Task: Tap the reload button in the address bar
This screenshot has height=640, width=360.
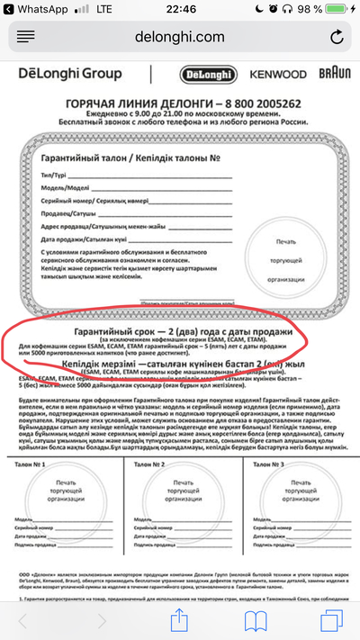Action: (x=337, y=37)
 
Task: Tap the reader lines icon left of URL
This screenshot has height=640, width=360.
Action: (x=25, y=37)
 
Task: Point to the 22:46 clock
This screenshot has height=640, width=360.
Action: (x=180, y=8)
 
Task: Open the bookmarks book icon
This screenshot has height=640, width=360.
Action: (x=256, y=619)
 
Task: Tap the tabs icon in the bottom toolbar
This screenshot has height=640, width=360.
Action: (x=330, y=619)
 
